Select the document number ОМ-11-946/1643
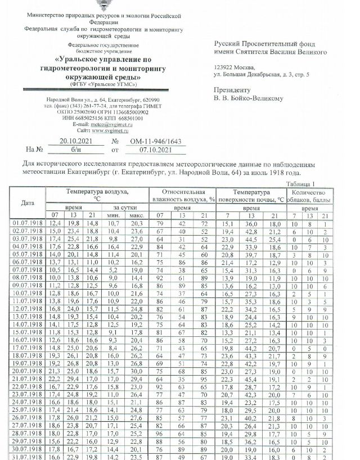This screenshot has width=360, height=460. coord(147,141)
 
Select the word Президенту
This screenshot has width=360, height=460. coord(231,89)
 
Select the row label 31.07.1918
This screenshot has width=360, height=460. coord(27,457)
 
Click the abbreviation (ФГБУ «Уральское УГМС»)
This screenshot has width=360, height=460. coord(103,84)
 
